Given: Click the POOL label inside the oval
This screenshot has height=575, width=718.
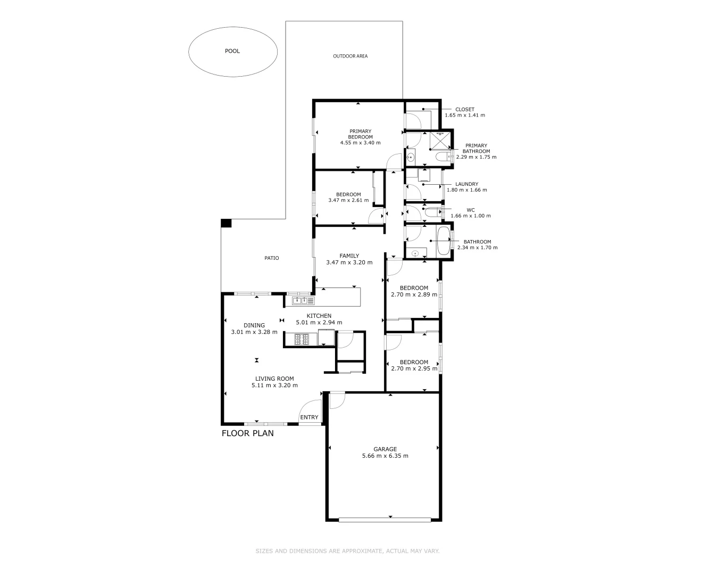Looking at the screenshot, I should (x=232, y=51).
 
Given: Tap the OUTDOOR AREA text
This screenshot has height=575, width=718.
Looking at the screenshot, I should (x=350, y=56).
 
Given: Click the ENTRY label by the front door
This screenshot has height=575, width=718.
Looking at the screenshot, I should (x=309, y=417).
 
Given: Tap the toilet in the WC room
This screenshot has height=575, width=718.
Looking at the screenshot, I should (x=433, y=213).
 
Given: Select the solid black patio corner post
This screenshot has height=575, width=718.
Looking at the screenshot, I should (x=226, y=223).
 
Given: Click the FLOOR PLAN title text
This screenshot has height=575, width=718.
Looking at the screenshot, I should (x=247, y=433).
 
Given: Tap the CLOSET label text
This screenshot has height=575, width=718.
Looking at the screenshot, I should (x=464, y=109).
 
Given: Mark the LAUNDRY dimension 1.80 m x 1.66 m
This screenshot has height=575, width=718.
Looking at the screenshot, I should (x=466, y=190).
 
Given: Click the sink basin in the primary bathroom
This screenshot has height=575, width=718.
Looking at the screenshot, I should (x=411, y=157).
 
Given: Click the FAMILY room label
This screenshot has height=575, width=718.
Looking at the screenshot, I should (x=349, y=256).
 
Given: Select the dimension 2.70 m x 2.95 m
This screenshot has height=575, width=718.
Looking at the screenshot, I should (x=414, y=368).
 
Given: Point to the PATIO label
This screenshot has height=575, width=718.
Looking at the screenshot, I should (x=271, y=258).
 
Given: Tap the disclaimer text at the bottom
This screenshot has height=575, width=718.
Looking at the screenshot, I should (x=347, y=551).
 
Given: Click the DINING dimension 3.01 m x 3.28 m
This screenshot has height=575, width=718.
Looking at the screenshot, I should (x=254, y=332).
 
